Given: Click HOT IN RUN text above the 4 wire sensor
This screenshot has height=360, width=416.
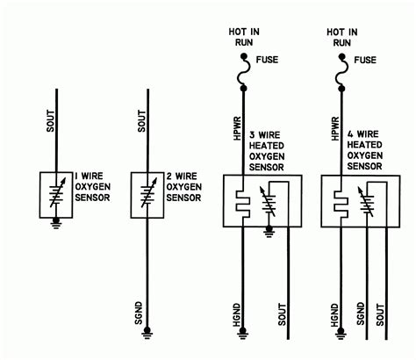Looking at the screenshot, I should (x=341, y=34).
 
